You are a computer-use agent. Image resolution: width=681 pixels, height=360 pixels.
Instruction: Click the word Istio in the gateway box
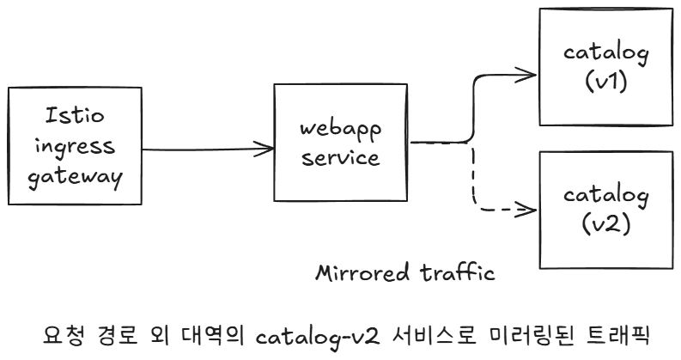[x=74, y=115]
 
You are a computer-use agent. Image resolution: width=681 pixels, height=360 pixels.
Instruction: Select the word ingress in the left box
[x=74, y=144]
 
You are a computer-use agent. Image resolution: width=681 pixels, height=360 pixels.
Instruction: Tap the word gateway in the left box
[x=74, y=176]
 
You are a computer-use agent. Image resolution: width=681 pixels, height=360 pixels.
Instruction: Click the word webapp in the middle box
[x=340, y=130]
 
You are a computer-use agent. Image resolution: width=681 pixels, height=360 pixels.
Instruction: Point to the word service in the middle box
[x=340, y=158]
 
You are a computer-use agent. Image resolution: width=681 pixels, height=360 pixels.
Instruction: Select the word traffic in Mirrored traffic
[x=460, y=275]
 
